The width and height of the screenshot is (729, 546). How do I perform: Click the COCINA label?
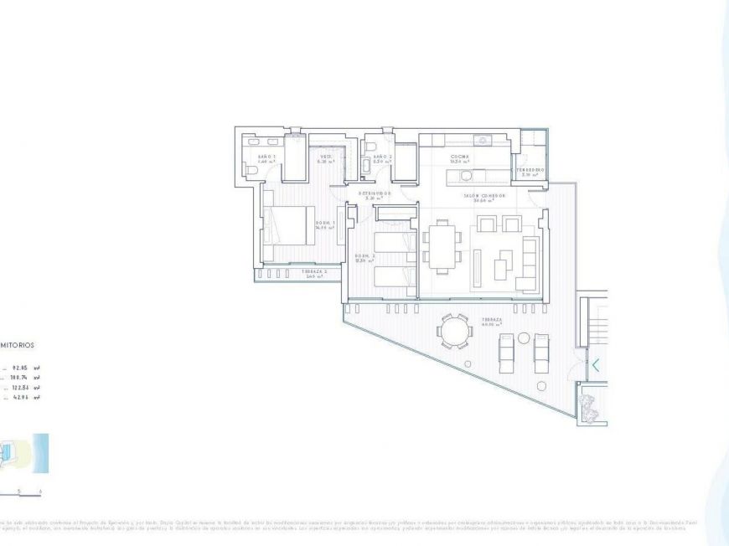(459, 157)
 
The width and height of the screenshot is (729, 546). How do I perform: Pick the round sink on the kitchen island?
(480, 139)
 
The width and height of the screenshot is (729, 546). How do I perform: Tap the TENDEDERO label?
(530, 170)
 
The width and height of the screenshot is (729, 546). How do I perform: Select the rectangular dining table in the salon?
(442, 245)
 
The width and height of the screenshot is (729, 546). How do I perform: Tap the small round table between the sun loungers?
(524, 337)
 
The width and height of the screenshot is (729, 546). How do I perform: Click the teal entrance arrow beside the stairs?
(596, 365)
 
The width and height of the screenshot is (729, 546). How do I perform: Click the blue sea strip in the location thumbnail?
(41, 451)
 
